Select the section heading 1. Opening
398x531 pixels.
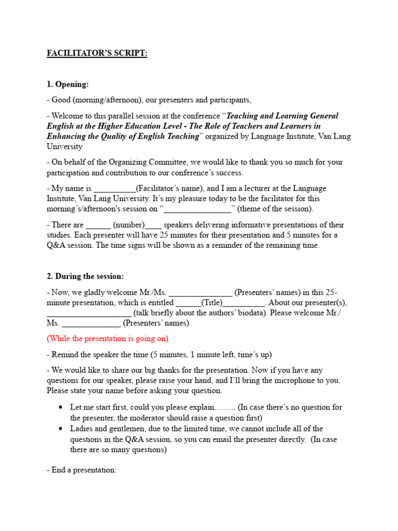pos(68,83)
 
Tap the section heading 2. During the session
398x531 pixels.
pos(86,276)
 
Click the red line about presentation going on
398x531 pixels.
pos(107,339)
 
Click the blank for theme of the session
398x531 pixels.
pos(197,209)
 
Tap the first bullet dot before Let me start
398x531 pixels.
pos(61,408)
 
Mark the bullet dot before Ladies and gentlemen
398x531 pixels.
pos(61,429)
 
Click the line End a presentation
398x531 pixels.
pos(81,470)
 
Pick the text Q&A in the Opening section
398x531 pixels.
pos(56,246)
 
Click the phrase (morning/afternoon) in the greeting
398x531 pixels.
pos(108,100)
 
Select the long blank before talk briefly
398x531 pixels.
pos(89,313)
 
